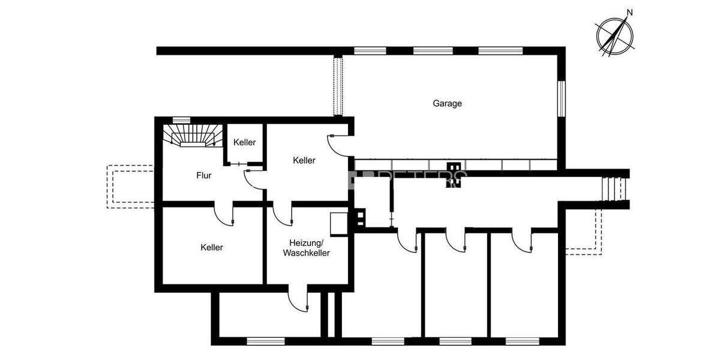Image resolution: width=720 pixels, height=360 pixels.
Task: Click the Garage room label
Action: (447, 103)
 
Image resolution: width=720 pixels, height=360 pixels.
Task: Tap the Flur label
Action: (203, 176)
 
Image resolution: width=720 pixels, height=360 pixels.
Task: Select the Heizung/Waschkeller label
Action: (306, 248)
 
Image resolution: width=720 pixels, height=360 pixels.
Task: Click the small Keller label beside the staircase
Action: (245, 142)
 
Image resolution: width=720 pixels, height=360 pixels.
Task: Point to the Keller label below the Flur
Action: (212, 247)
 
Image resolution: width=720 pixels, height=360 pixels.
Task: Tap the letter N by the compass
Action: (629, 12)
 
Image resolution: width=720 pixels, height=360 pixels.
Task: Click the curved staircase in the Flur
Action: (191, 136)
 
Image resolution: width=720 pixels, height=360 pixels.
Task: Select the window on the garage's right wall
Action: (561, 98)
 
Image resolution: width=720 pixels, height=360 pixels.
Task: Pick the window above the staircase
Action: (181, 120)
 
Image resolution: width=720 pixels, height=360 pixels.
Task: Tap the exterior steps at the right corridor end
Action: (612, 188)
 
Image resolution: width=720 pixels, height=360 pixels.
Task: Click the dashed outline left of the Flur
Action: (131, 187)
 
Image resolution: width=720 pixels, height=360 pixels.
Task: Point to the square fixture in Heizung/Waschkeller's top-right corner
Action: (338, 221)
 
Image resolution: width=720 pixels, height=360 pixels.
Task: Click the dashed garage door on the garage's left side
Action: (338, 86)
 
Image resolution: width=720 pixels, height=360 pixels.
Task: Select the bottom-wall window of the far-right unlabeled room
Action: (522, 341)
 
